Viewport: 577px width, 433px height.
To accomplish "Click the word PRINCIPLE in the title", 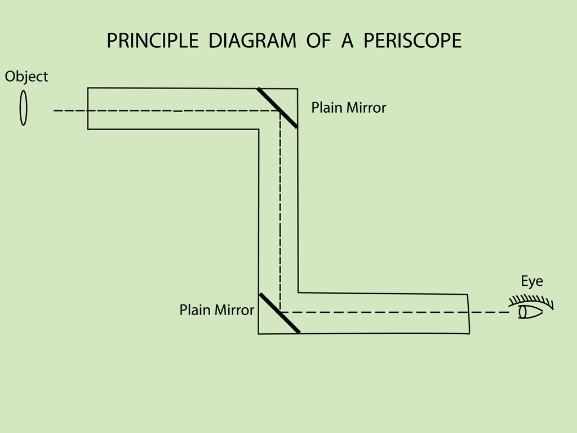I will [x=152, y=41].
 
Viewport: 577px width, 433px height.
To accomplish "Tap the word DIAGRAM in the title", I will [x=252, y=41].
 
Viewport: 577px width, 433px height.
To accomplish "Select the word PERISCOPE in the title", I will [x=412, y=41].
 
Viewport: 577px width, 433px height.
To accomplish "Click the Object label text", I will [x=26, y=77].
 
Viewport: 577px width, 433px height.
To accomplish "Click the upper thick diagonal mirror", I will [x=277, y=107].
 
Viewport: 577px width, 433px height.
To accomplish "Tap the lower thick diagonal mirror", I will [x=279, y=313].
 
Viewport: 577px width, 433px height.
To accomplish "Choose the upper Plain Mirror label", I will [x=348, y=108].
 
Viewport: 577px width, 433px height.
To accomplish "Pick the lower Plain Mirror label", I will [x=216, y=310].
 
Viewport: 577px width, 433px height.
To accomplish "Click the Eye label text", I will [x=531, y=281].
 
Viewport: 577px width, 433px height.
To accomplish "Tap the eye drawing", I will [x=530, y=312].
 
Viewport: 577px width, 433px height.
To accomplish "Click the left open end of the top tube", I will [x=88, y=108].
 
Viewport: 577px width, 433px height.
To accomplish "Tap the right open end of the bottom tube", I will [x=468, y=313].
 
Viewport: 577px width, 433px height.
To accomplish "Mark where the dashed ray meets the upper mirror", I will [x=281, y=111].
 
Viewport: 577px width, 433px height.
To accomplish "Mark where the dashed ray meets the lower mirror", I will [x=280, y=312].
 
